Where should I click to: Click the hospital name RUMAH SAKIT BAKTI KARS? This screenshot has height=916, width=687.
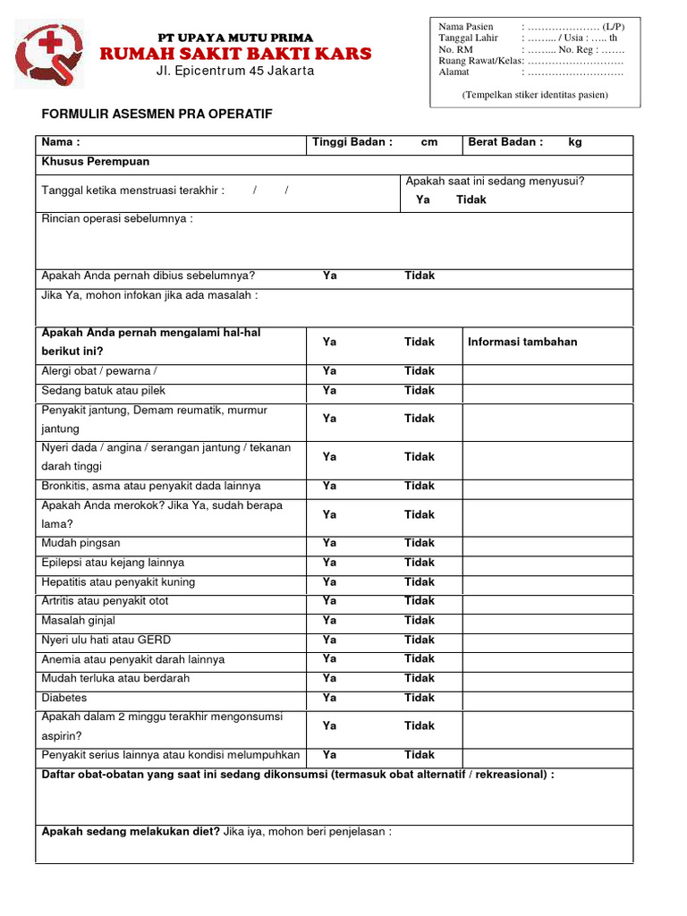(235, 55)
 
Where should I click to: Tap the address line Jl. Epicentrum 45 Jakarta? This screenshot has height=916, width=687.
(235, 72)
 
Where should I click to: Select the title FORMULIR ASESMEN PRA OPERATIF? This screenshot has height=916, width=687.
(157, 114)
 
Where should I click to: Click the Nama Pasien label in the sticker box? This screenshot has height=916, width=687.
(465, 27)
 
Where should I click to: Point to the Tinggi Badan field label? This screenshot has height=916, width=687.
(352, 142)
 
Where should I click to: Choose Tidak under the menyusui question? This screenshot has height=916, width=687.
(471, 199)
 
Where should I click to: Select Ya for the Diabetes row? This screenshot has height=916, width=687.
(329, 698)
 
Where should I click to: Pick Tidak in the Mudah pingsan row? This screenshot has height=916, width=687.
(419, 543)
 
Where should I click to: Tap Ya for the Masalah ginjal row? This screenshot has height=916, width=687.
(329, 620)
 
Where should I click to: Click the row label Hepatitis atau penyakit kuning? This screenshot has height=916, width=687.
(118, 582)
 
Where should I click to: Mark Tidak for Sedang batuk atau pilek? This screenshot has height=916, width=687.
(419, 390)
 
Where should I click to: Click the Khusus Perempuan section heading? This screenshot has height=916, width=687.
(96, 162)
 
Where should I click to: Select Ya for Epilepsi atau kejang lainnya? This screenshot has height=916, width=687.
(329, 563)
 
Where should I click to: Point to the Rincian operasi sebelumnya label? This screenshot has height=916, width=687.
(117, 219)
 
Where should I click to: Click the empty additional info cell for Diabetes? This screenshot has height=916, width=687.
(547, 698)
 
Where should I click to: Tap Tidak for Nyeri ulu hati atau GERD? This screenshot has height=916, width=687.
(419, 640)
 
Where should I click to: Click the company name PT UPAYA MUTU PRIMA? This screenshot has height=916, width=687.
(235, 38)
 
